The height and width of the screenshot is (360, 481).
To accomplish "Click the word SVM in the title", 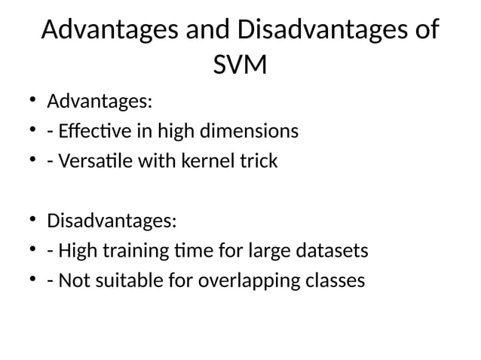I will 240,66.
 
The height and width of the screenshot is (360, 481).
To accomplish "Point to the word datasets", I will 333,252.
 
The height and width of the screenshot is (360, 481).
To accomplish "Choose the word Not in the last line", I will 72,282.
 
